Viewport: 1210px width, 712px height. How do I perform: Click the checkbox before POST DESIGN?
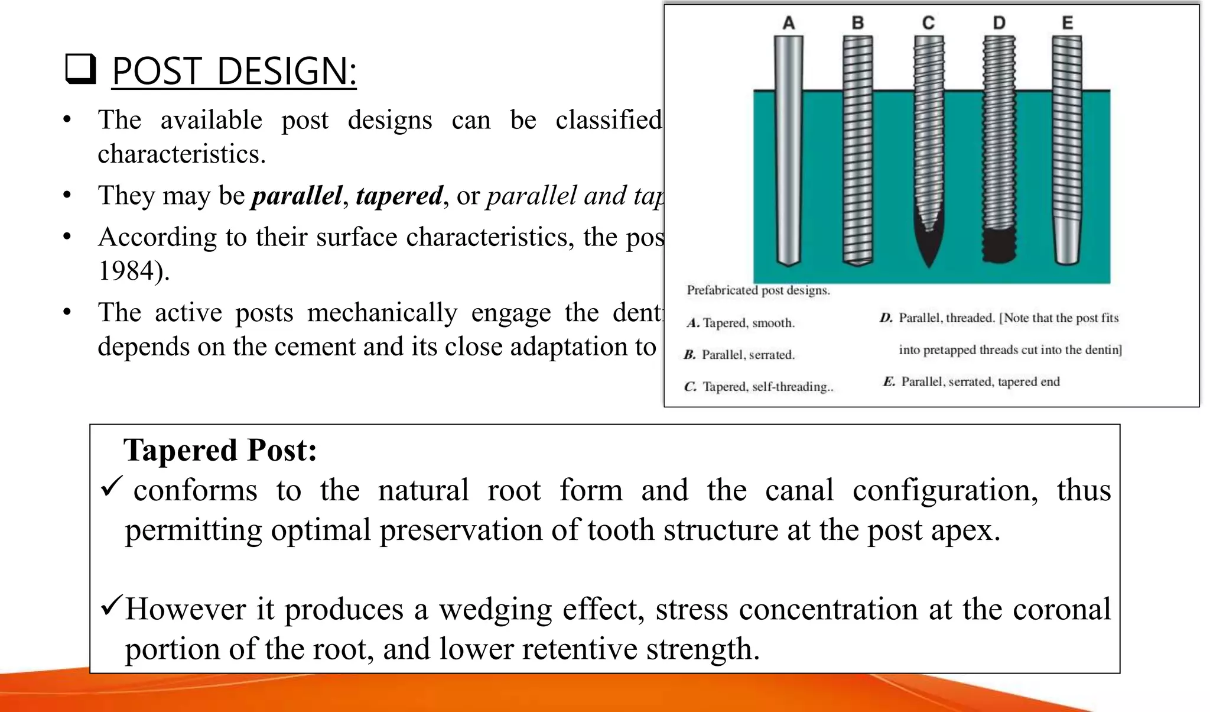click(80, 69)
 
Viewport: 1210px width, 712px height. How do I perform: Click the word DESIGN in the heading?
click(287, 72)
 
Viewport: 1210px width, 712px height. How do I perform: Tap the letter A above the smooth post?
click(789, 23)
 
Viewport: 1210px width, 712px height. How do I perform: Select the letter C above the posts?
click(928, 23)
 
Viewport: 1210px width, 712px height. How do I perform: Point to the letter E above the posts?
click(1067, 23)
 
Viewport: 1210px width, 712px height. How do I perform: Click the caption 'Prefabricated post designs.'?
click(758, 290)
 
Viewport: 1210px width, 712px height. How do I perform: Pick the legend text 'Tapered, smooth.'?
click(749, 323)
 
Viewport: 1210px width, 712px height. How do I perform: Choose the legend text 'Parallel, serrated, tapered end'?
click(980, 381)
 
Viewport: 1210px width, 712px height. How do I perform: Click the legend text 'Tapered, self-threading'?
click(767, 387)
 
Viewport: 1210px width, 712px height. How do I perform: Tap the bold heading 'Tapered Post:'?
click(220, 450)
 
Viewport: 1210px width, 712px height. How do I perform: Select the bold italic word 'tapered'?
click(399, 196)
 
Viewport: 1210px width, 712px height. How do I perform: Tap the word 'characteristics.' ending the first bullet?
click(181, 154)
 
